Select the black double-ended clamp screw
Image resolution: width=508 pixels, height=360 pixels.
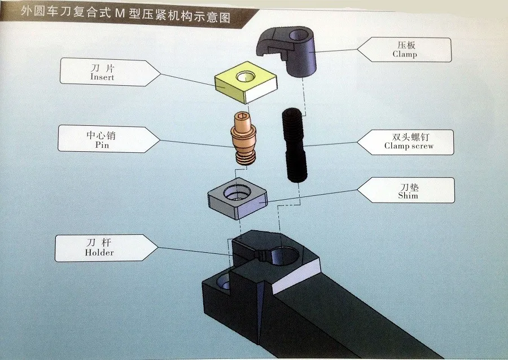coord(294,144)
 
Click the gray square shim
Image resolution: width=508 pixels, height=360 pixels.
coord(238,198)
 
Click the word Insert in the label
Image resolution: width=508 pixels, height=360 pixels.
coord(102,77)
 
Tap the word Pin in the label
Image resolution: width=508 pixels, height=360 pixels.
coord(102,144)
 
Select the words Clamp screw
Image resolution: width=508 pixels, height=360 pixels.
coord(409,146)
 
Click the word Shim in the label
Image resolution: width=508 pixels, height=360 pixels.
coord(408,195)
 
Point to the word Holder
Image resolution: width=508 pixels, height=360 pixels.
coord(99,252)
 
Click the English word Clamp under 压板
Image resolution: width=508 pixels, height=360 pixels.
coord(405,54)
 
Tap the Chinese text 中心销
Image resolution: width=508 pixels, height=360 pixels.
coord(101,135)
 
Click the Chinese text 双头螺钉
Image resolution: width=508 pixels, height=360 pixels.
coord(410,137)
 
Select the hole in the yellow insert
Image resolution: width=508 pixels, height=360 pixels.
coord(246,77)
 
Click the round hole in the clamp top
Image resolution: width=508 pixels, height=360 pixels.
coord(299,35)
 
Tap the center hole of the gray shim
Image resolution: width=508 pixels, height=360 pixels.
coord(237,194)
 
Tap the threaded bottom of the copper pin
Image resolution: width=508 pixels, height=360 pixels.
coord(244,158)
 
